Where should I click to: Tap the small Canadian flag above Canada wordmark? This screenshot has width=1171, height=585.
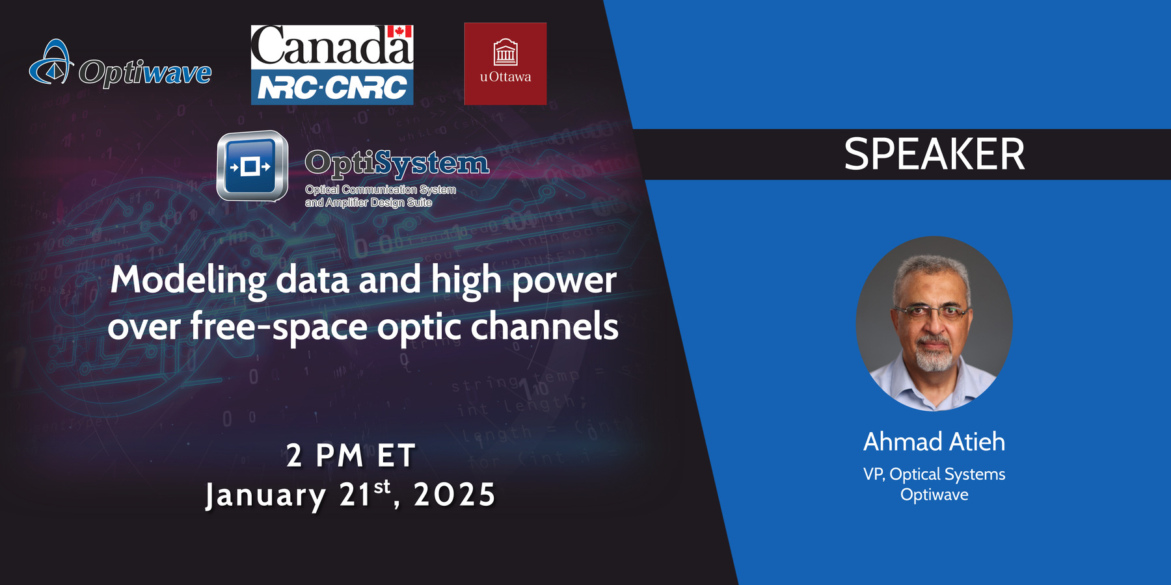pyautogui.click(x=399, y=31)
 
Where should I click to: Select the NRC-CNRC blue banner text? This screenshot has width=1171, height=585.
pyautogui.click(x=332, y=87)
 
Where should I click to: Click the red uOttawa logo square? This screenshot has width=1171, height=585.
pyautogui.click(x=505, y=64)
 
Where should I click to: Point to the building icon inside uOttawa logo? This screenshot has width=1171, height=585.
pyautogui.click(x=505, y=52)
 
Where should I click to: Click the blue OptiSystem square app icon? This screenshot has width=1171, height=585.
pyautogui.click(x=252, y=166)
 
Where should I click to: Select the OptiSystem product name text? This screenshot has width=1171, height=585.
pyautogui.click(x=397, y=162)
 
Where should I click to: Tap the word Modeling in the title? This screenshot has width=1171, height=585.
pyautogui.click(x=187, y=281)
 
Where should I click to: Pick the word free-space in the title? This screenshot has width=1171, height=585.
pyautogui.click(x=278, y=326)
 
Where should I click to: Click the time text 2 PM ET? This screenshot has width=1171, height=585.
pyautogui.click(x=351, y=455)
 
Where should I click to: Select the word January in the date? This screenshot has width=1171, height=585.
pyautogui.click(x=265, y=495)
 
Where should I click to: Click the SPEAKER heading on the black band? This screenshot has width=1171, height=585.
pyautogui.click(x=934, y=155)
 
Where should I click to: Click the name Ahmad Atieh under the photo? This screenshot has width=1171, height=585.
pyautogui.click(x=934, y=442)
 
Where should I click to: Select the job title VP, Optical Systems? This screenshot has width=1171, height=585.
pyautogui.click(x=934, y=474)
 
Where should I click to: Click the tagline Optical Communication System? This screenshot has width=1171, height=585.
pyautogui.click(x=380, y=190)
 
